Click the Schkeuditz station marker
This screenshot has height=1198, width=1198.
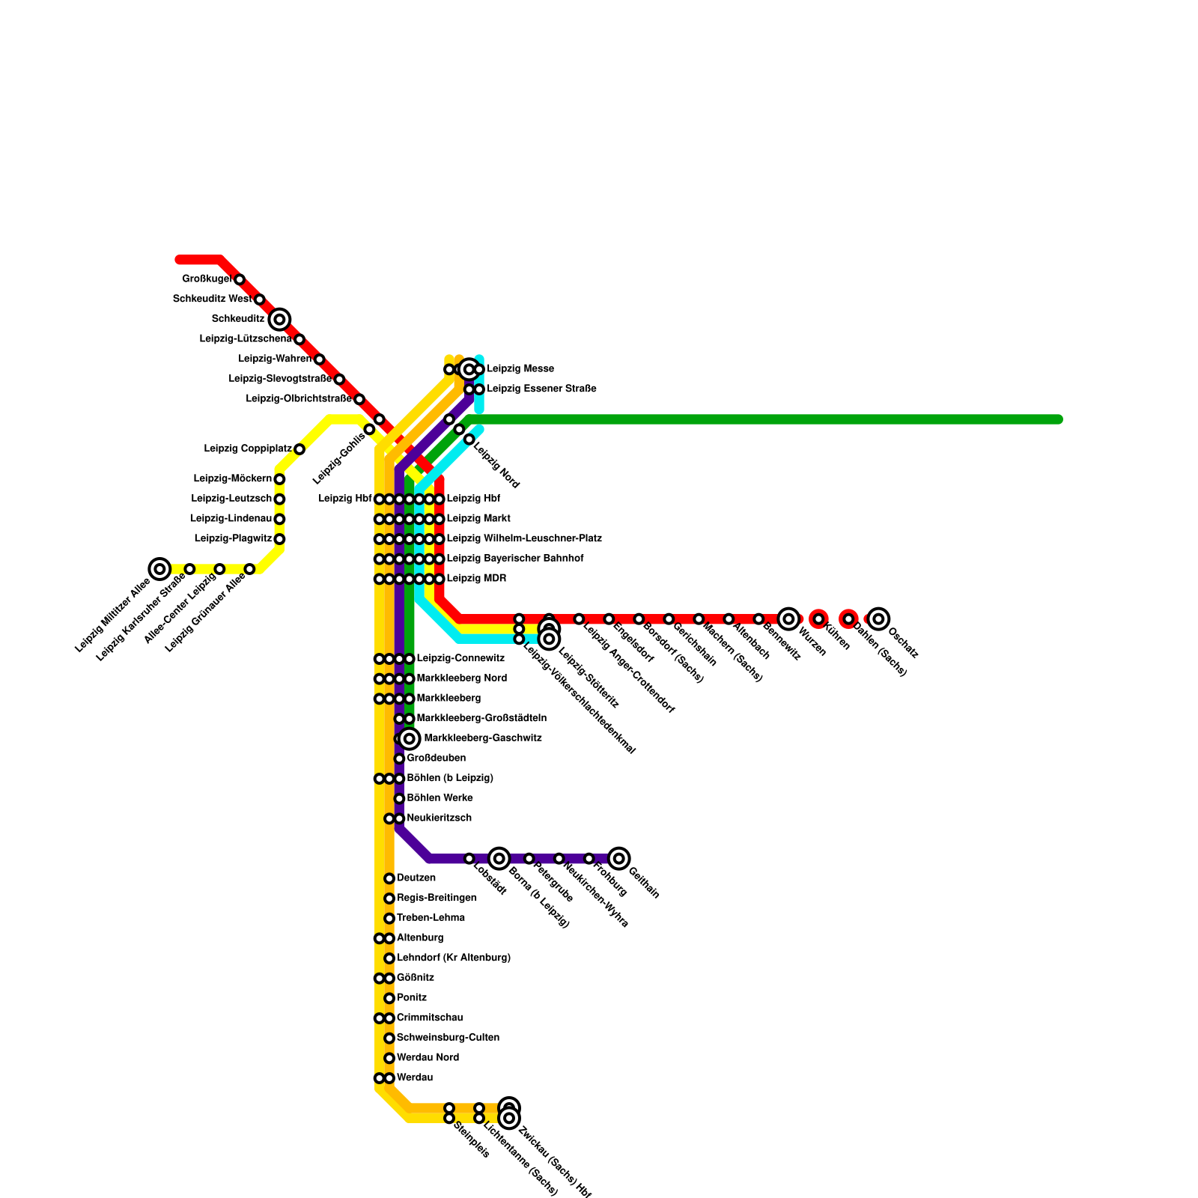279,320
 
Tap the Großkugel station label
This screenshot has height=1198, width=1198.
207,279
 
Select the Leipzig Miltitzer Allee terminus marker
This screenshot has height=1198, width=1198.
159,569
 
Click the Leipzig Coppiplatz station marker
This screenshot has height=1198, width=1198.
299,449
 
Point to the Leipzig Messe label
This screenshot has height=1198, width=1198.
520,369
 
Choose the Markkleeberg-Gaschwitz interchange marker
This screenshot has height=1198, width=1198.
409,739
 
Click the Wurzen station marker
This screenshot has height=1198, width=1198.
788,619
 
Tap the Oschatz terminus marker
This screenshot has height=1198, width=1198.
878,619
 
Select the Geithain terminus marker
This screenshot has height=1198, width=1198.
618,859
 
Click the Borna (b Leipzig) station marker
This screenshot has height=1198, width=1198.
499,859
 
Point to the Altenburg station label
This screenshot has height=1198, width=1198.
420,938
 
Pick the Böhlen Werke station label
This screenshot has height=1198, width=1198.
440,798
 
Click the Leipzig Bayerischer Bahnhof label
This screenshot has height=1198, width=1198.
515,559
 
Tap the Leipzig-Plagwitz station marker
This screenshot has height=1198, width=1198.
279,539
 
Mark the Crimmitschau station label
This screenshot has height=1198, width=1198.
430,1018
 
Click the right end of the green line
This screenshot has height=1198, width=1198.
1059,419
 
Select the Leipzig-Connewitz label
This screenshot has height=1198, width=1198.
460,659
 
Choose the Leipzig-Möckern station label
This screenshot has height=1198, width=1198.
232,479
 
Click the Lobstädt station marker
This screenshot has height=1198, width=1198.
469,859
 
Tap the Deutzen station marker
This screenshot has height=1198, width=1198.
389,878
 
